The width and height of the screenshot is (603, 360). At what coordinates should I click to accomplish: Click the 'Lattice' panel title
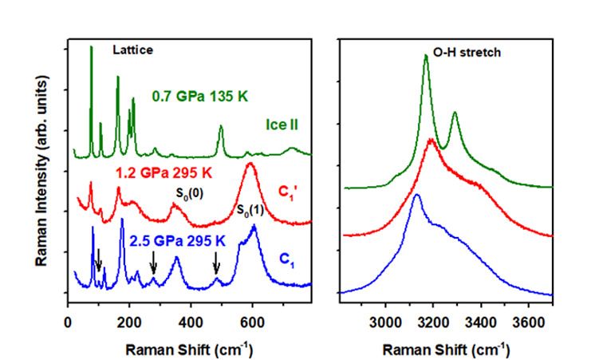point(132,49)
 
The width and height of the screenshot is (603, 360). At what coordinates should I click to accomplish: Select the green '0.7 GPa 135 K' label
point(200,96)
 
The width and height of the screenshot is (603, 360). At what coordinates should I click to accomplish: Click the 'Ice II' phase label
point(284,125)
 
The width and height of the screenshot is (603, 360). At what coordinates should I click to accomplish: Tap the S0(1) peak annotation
point(253,210)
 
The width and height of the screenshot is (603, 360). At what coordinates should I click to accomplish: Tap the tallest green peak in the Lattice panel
point(91,48)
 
